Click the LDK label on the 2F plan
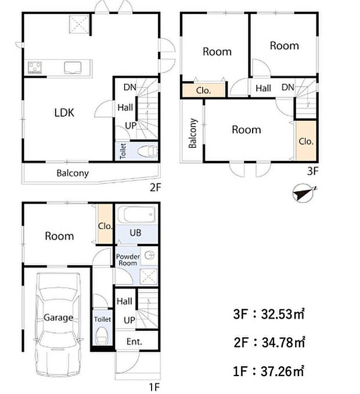(64, 113)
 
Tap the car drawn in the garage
(58, 324)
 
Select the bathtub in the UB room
(136, 214)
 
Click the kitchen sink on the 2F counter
(73, 67)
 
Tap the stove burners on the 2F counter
(35, 67)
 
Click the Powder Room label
(128, 260)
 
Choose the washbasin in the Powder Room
(150, 256)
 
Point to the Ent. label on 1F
(134, 341)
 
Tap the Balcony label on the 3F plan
(193, 133)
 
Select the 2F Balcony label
(73, 173)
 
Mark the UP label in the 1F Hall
(129, 320)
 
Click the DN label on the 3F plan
(288, 88)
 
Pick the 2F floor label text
(155, 187)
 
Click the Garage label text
(58, 317)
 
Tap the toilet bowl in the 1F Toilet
(102, 334)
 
